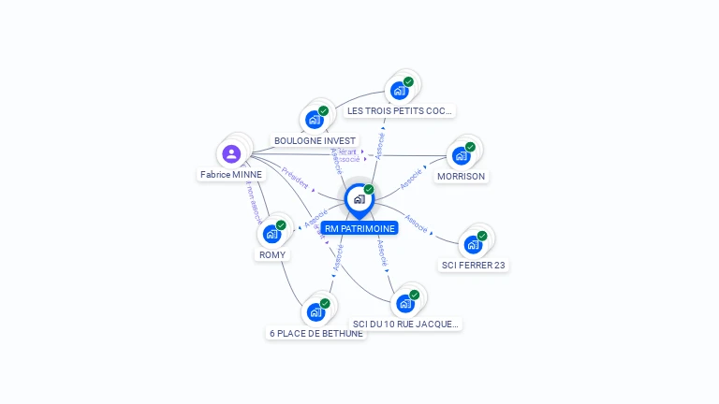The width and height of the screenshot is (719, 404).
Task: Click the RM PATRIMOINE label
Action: pyautogui.click(x=359, y=228)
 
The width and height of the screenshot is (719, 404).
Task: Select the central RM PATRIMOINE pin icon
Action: pyautogui.click(x=359, y=199)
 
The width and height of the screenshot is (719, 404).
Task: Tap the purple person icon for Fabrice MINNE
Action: pyautogui.click(x=232, y=153)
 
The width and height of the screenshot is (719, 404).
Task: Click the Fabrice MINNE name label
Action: pyautogui.click(x=232, y=174)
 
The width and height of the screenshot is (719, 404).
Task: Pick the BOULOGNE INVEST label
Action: pyautogui.click(x=315, y=140)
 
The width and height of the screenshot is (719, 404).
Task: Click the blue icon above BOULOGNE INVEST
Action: pyautogui.click(x=315, y=120)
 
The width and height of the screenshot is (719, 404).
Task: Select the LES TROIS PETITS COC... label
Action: pyautogui.click(x=399, y=110)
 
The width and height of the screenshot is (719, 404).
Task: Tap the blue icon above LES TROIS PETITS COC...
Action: pyautogui.click(x=400, y=91)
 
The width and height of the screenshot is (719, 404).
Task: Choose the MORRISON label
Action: pyautogui.click(x=462, y=176)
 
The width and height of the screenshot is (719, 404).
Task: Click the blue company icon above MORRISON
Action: pyautogui.click(x=461, y=156)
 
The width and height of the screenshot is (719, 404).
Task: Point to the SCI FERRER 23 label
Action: pyautogui.click(x=474, y=265)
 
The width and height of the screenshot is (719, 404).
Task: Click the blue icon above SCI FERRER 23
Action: pyautogui.click(x=474, y=244)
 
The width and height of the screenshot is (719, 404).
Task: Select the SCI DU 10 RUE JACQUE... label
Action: pyautogui.click(x=406, y=324)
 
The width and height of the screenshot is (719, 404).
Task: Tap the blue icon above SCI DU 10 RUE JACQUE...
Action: pyautogui.click(x=405, y=303)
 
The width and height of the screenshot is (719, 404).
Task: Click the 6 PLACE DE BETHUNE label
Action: pyautogui.click(x=316, y=333)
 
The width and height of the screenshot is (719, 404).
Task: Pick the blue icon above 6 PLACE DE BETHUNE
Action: pyautogui.click(x=315, y=312)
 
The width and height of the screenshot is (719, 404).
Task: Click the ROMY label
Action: pyautogui.click(x=272, y=254)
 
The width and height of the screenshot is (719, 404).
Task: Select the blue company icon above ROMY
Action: pyautogui.click(x=271, y=234)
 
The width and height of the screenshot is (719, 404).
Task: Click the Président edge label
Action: pyautogui.click(x=295, y=179)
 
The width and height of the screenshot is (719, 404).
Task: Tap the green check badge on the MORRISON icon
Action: pyautogui.click(x=470, y=147)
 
